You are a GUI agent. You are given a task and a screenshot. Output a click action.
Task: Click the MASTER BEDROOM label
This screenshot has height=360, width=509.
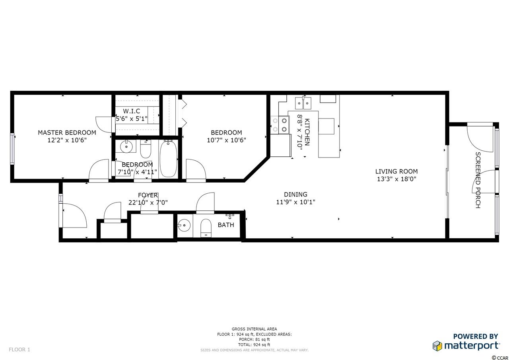(x=67, y=132)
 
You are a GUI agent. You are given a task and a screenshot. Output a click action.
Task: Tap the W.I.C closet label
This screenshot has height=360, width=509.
(x=132, y=111)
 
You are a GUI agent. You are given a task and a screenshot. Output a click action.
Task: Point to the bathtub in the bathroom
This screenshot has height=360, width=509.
(x=168, y=159)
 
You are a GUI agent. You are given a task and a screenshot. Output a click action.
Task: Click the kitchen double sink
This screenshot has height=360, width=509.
(x=303, y=103)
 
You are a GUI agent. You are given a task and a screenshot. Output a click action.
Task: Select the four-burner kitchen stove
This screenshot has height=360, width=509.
(x=280, y=125)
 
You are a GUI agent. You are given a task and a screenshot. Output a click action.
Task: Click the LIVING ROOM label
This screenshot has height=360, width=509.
(x=396, y=171)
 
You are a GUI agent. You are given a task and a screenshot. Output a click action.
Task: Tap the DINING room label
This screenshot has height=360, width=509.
(x=295, y=194)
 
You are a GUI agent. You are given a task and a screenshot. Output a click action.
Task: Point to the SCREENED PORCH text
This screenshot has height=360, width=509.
(x=478, y=180)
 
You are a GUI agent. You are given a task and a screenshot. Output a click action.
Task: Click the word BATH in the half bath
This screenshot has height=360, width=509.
(x=225, y=225)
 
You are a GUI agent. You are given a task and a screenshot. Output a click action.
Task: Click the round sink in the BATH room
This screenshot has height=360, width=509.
(x=184, y=225)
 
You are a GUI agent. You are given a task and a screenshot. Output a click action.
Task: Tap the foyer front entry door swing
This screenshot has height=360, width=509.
(x=74, y=215)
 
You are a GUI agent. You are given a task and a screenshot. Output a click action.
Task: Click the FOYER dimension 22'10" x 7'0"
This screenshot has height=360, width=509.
(x=148, y=202)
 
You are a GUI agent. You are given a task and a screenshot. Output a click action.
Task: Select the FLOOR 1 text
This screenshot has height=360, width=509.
(x=19, y=350)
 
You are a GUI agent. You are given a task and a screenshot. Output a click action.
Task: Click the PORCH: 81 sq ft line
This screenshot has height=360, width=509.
(x=254, y=340)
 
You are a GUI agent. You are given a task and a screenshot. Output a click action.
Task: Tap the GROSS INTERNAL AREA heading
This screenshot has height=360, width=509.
(x=254, y=329)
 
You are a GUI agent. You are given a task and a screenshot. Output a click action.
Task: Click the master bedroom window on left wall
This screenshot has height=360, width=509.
(x=12, y=149)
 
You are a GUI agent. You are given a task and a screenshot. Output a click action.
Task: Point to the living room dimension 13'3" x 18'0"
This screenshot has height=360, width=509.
(x=396, y=179)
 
